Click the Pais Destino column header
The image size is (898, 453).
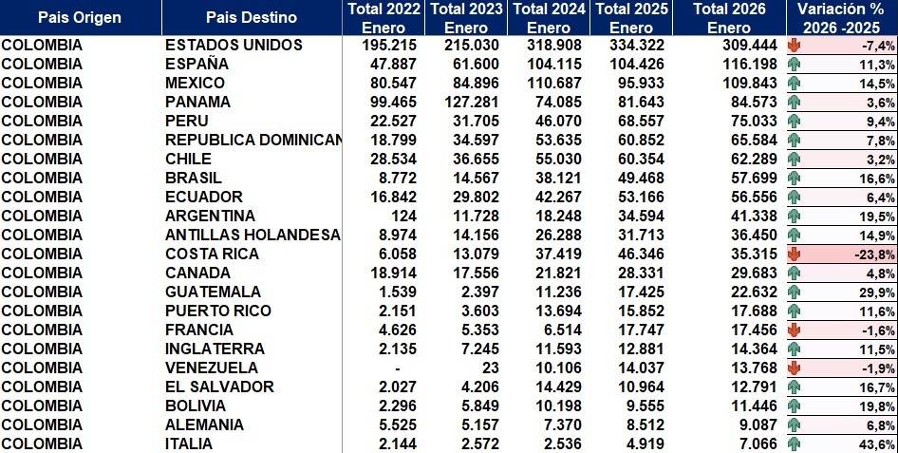coord(252,17)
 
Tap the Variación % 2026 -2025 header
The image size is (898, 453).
coord(842,17)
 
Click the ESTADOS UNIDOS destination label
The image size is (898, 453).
coord(234,45)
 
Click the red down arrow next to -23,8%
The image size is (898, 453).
coord(795,254)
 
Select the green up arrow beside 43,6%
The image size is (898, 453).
coord(795,444)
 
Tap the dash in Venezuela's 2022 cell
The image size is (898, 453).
coord(397,368)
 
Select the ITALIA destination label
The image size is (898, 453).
coord(188,444)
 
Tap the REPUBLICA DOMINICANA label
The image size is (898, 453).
coord(253,140)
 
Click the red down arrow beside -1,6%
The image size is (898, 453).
coord(795,330)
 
